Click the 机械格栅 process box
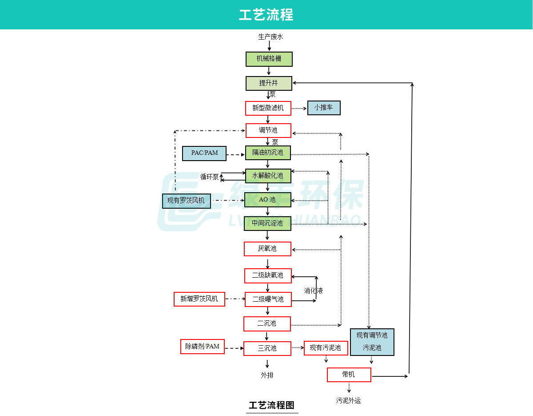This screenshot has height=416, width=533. point(269,59)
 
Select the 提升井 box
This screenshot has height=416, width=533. point(269,83)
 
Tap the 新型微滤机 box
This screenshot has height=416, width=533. point(268,108)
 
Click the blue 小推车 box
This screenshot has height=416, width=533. point(324,108)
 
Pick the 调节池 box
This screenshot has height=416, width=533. point(268,130)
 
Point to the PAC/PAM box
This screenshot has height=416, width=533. point(204,153)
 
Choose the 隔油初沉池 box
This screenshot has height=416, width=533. point(268,153)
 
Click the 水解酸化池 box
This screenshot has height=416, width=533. point(268,176)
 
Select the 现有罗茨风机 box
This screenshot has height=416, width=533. point(186,201)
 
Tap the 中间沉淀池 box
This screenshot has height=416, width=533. point(268,223)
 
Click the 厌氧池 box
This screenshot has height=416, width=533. point(267,249)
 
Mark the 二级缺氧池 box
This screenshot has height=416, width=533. point(268,275)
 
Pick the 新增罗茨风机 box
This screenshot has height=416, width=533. point(199,299)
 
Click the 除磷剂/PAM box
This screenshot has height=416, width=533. point(203,347)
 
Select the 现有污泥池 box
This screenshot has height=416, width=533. point(325,348)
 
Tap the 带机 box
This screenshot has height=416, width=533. point(349,375)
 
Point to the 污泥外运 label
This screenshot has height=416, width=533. point(348,400)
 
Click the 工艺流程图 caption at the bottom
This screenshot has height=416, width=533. point(271,405)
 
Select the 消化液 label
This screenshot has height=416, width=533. point(313,291)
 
